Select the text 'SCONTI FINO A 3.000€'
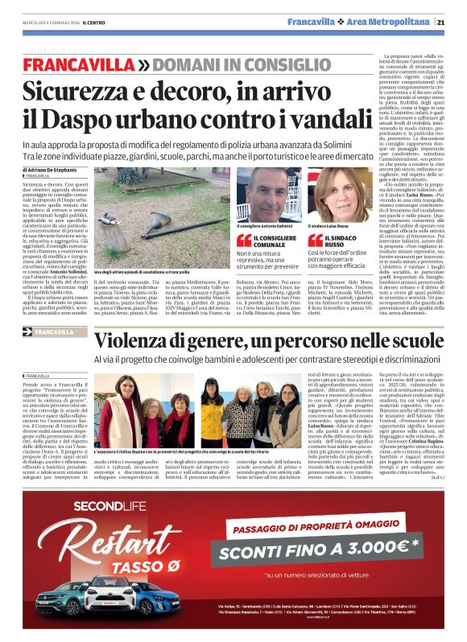pos(314,553)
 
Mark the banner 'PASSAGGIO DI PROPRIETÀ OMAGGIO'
pos(315,531)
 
